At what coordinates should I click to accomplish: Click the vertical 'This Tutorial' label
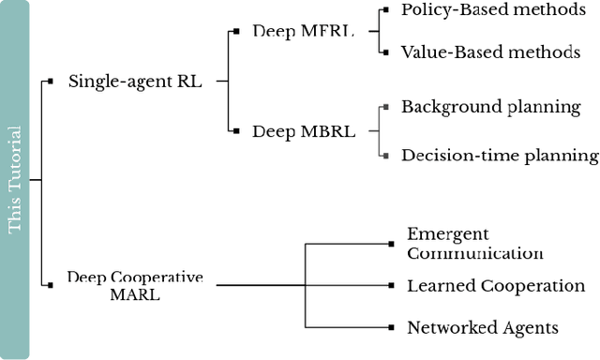[15, 180]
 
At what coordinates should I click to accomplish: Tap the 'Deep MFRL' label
[303, 31]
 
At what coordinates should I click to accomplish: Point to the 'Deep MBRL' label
[304, 131]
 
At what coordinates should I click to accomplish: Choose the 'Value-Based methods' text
[490, 52]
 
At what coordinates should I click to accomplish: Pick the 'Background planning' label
[491, 106]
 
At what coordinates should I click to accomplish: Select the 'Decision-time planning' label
[499, 155]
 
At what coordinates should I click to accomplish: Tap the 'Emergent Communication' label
[474, 243]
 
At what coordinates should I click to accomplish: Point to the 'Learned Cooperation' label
[495, 285]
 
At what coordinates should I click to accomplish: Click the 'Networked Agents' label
[482, 327]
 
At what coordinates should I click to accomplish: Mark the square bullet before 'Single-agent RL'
[50, 82]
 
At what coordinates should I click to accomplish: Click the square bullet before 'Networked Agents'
[390, 327]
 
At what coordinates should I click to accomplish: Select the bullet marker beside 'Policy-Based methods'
[383, 10]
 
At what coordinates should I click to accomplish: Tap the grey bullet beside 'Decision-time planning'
[383, 155]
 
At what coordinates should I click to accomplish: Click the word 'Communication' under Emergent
[474, 252]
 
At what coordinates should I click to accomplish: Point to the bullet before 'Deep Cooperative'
[50, 284]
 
